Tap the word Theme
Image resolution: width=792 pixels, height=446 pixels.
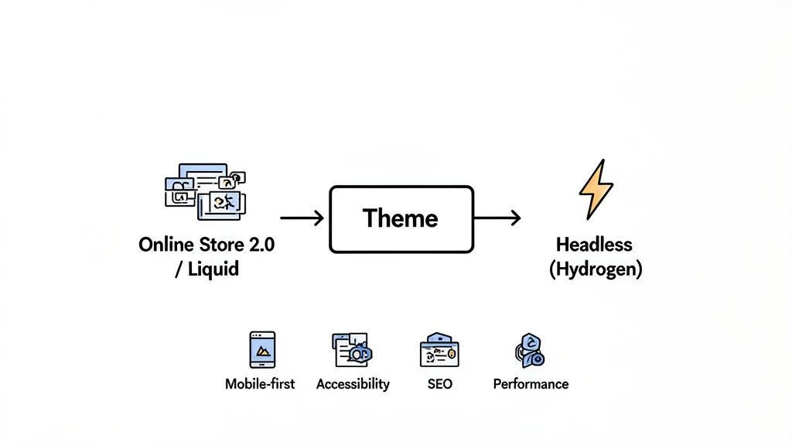click(401, 219)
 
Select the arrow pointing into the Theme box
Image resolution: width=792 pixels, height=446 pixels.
click(302, 219)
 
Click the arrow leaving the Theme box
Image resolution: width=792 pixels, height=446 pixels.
click(497, 219)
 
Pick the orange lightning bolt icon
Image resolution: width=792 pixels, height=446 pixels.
click(596, 189)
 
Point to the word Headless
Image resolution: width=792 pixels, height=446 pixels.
click(594, 245)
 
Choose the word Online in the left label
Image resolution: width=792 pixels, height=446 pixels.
click(164, 245)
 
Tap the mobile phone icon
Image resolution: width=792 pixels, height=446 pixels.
click(262, 350)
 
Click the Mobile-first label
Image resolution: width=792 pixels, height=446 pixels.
click(260, 384)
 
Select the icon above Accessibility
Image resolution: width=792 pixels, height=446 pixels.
click(353, 350)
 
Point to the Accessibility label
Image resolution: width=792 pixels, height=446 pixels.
click(353, 384)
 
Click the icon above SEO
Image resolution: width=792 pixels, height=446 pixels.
click(439, 351)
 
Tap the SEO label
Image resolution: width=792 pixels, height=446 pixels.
click(439, 384)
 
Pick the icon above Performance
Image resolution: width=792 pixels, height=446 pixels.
click(530, 351)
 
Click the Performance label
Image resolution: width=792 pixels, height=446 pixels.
click(531, 384)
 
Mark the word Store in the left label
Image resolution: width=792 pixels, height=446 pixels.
click(217, 245)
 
